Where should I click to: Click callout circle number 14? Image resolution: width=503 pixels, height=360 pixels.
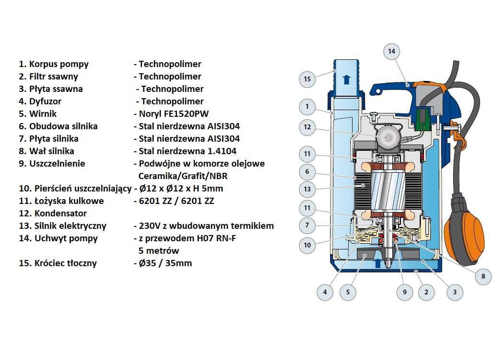tap(391, 51)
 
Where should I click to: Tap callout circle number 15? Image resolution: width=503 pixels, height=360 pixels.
tap(307, 79)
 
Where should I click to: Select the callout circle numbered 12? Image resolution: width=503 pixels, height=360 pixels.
tap(307, 127)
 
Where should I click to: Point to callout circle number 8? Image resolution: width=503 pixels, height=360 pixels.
tap(483, 276)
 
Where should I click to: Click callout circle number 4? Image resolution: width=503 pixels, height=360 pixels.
tap(325, 292)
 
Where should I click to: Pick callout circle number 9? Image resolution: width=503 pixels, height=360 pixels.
tap(405, 292)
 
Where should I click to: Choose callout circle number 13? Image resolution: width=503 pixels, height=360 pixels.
tap(307, 189)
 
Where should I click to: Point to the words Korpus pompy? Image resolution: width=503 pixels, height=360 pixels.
tap(59, 64)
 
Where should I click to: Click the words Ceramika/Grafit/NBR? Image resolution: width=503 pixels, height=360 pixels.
tap(183, 176)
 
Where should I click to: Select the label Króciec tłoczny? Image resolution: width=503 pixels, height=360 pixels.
tap(63, 263)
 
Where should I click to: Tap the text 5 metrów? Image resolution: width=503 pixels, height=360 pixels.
tap(159, 251)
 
